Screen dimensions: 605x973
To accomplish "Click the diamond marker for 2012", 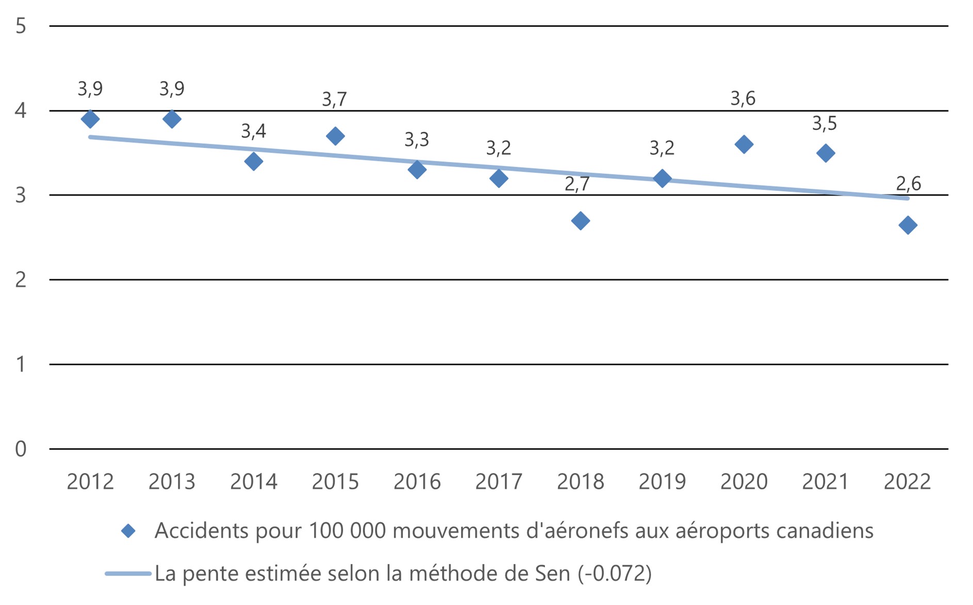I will [90, 119].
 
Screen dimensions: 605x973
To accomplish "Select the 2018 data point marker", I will [581, 221].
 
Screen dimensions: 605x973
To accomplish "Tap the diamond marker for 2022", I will [908, 225].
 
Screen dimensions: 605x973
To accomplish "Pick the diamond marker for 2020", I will [744, 144].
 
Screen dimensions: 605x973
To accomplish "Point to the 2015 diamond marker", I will [336, 136].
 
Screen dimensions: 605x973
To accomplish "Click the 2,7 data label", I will [577, 184].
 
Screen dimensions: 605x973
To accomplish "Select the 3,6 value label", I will [743, 98].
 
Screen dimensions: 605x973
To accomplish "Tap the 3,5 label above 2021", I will [824, 123].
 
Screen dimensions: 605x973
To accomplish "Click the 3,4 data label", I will [254, 131].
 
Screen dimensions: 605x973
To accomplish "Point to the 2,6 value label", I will [908, 183].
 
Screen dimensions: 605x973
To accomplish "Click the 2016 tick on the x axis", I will [417, 482].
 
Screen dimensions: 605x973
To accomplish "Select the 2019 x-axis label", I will [662, 482].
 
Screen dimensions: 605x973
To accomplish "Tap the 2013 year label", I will [172, 482].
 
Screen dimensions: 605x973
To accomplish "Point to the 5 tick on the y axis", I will [21, 26].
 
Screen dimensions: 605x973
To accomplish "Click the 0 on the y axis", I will [21, 449].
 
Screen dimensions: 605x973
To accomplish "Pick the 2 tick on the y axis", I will [21, 280].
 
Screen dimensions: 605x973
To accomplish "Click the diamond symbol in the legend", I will [128, 531].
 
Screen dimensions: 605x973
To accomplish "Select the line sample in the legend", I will [128, 574].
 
